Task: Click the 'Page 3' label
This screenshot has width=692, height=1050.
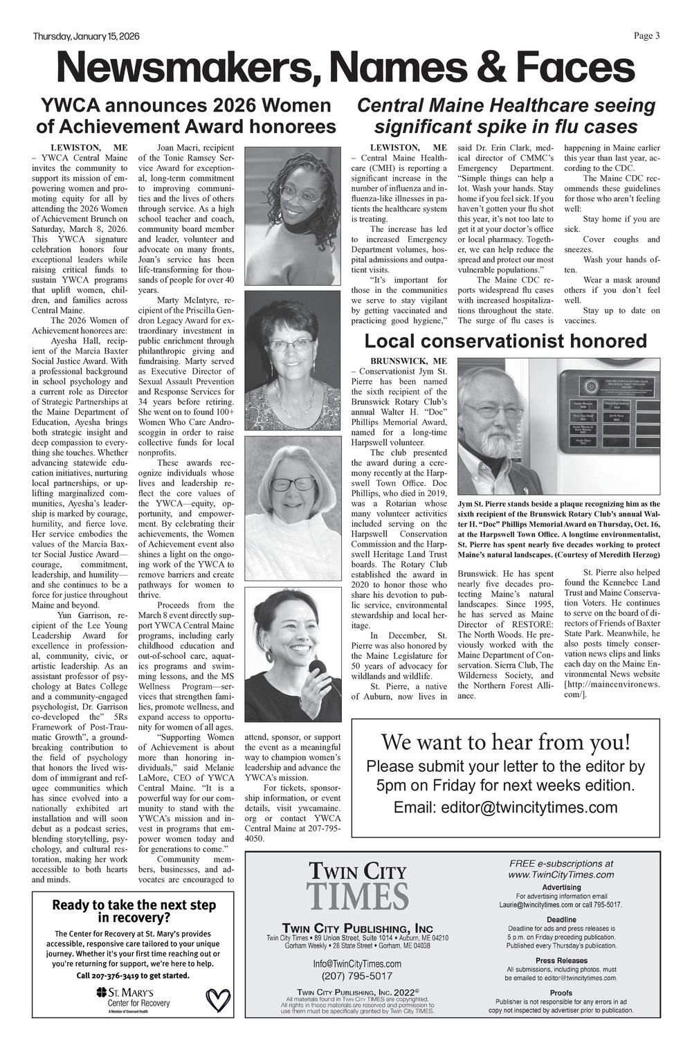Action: click(647, 36)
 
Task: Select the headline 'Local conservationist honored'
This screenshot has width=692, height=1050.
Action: click(505, 341)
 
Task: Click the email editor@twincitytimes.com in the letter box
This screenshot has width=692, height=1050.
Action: click(505, 808)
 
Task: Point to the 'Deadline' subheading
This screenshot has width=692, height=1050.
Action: click(561, 919)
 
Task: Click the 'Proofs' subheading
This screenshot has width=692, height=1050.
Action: click(561, 993)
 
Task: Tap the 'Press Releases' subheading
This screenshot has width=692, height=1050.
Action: click(561, 961)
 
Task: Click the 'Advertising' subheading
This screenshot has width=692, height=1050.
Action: click(561, 887)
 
